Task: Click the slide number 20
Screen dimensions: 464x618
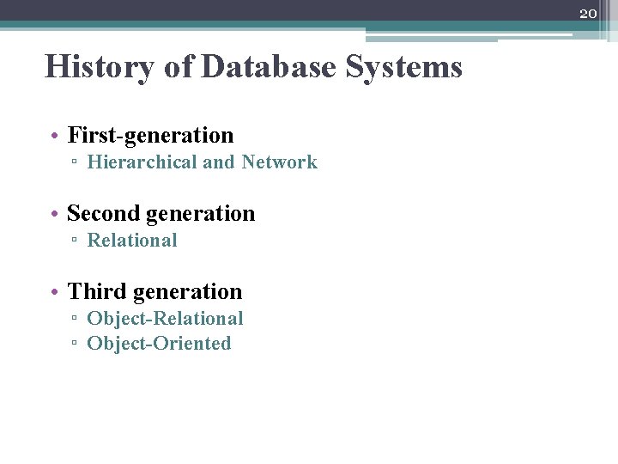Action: [588, 14]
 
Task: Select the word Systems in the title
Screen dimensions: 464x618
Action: [403, 66]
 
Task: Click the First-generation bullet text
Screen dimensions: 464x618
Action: [150, 135]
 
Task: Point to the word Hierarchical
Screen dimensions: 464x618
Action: [142, 162]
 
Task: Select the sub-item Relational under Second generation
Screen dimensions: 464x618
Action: [132, 241]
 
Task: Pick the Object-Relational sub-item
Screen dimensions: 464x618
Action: [165, 319]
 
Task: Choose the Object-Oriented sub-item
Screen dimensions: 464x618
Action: [159, 344]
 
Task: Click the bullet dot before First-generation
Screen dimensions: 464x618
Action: [54, 136]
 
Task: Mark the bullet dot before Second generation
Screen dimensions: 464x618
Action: [54, 214]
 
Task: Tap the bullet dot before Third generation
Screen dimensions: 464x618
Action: [54, 292]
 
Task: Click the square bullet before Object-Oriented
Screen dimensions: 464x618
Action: [76, 345]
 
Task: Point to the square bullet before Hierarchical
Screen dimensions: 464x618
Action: [76, 163]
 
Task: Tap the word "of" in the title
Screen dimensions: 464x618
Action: [179, 66]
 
